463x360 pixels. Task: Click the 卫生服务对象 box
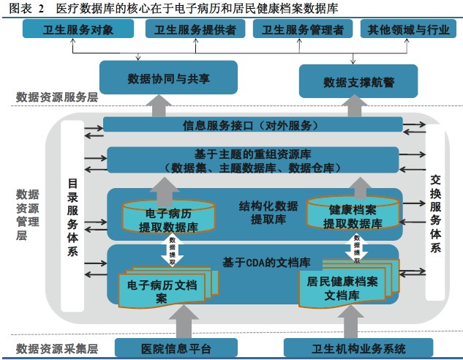click(x=78, y=29)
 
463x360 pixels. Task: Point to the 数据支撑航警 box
click(x=358, y=80)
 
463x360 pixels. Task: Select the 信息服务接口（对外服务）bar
click(x=252, y=124)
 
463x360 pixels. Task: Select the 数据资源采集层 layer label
click(x=57, y=348)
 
